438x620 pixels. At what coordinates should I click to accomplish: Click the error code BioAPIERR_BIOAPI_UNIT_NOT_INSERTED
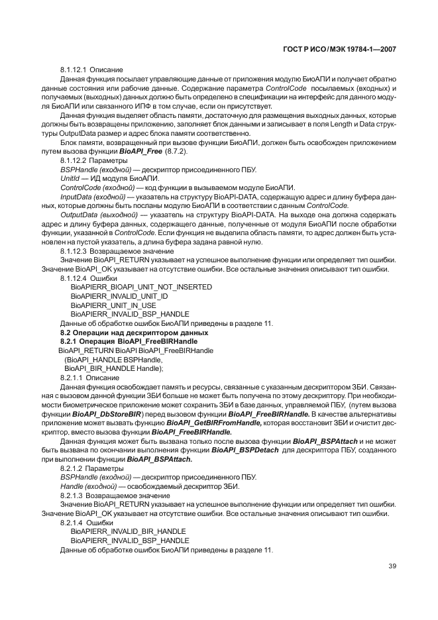click(141, 287)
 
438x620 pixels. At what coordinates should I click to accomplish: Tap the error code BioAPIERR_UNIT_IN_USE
click(113, 305)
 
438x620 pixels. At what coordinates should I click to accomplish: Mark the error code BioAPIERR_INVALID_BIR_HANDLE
click(128, 531)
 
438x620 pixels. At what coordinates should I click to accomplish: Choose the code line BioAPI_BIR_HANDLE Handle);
click(113, 368)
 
